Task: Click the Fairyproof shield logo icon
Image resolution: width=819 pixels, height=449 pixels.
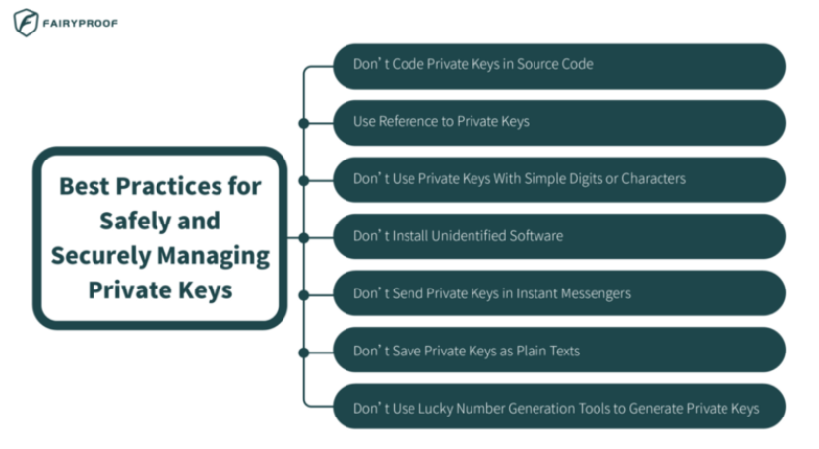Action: coord(26,23)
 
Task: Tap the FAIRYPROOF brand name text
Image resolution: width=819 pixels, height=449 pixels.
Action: coord(82,23)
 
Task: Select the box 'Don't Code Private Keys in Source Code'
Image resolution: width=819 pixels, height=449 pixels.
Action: coord(558,65)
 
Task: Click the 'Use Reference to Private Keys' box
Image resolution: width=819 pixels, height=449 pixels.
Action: coord(558,122)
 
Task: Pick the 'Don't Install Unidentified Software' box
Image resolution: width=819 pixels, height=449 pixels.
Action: coord(558,236)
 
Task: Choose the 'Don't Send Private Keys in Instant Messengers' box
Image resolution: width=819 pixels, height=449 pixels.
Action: coord(558,293)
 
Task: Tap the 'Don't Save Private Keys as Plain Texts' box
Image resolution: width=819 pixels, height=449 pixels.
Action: coord(558,350)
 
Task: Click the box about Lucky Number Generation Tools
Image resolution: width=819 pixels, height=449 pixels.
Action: coord(558,407)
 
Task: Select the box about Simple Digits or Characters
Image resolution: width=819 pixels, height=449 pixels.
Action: coord(558,179)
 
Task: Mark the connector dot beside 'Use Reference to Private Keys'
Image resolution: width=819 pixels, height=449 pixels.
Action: coord(303,123)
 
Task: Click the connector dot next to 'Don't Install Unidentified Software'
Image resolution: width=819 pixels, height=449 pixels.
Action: coord(303,237)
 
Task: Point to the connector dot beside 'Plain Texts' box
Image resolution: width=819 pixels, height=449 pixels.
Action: coord(303,351)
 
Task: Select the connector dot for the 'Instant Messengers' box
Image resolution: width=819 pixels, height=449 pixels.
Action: coord(303,293)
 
